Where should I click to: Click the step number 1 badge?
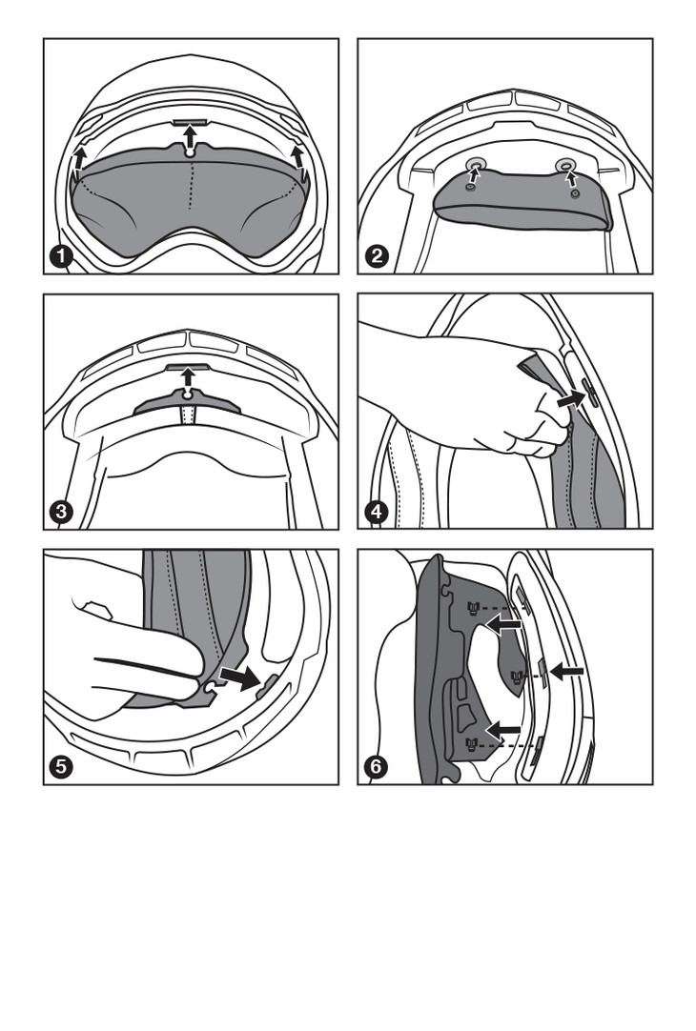point(61,255)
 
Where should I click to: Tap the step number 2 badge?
point(376,255)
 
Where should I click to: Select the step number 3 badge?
point(61,511)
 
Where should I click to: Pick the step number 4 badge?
point(376,511)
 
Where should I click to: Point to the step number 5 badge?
point(61,766)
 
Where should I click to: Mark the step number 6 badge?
point(376,766)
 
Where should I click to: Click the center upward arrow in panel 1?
point(190,137)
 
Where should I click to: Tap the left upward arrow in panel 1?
point(79,159)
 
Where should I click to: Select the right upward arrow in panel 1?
point(297,158)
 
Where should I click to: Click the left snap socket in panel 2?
point(473,163)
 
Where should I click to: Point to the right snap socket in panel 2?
point(564,165)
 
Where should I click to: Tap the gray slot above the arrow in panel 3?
point(189,365)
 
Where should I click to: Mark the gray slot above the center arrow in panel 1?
point(190,122)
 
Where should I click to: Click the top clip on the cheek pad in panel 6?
point(472,607)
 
